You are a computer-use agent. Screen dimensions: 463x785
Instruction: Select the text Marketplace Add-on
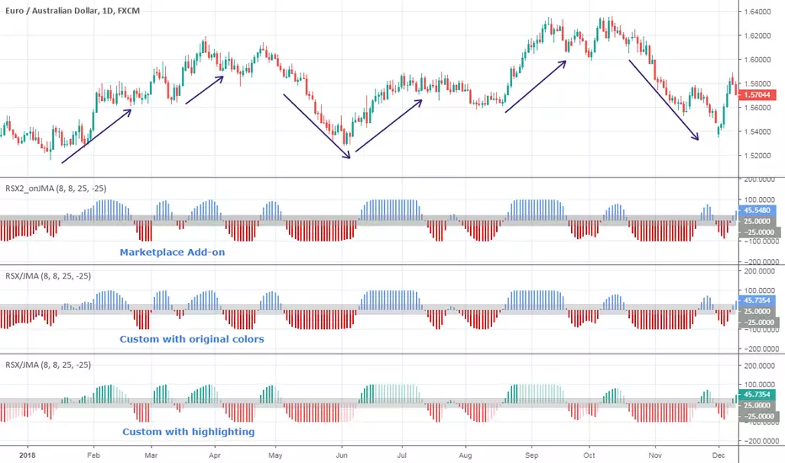click(174, 252)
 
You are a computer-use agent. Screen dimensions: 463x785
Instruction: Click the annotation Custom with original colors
click(192, 339)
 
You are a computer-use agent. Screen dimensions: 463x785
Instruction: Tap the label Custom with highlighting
click(189, 432)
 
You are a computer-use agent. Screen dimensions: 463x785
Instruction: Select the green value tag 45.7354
click(751, 394)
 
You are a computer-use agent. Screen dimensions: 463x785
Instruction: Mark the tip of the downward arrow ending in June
click(350, 157)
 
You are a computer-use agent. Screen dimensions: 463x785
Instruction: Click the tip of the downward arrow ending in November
click(699, 140)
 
